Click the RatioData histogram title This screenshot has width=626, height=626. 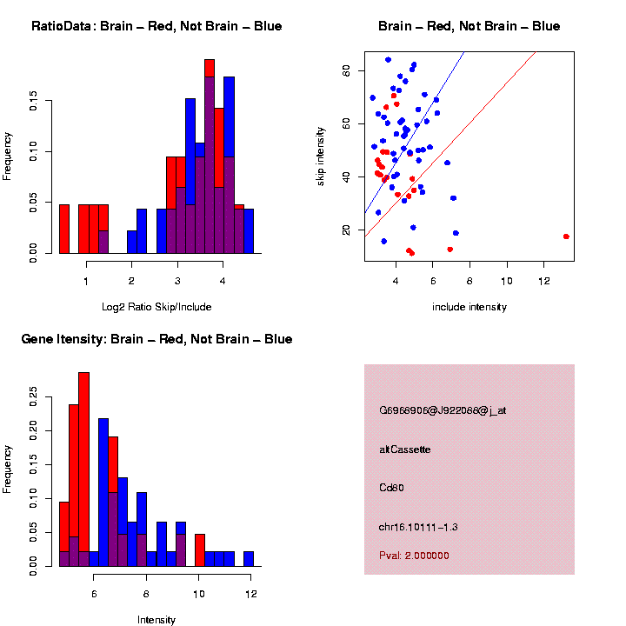(156, 26)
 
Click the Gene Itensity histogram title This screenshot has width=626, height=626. (156, 339)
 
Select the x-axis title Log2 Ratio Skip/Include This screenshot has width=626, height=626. (156, 307)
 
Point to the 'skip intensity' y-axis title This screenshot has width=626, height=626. (321, 156)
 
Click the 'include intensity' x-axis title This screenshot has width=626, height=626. (469, 307)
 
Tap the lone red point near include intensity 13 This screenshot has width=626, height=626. (566, 236)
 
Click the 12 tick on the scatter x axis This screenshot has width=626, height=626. (543, 282)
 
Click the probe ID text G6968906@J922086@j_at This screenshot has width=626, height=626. (442, 410)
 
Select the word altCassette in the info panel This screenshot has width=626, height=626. (404, 450)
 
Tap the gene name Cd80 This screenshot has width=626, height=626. (390, 488)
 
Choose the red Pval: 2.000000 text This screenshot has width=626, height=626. (414, 556)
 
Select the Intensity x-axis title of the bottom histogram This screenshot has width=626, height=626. (156, 620)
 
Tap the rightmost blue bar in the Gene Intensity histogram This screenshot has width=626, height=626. (249, 558)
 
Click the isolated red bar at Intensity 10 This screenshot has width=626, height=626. (200, 550)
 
